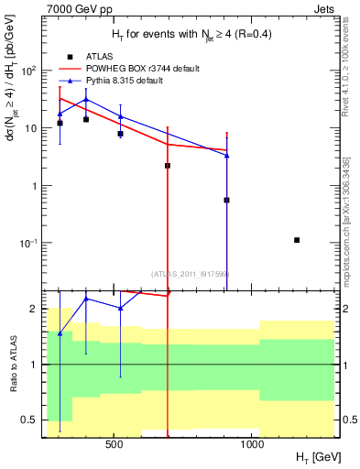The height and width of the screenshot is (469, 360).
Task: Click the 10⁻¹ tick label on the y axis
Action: coord(29,243)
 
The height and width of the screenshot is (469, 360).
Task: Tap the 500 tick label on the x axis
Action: coord(115,445)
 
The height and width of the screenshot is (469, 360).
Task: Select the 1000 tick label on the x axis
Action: coord(253,445)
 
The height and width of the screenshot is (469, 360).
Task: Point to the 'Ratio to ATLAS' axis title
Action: coord(11,365)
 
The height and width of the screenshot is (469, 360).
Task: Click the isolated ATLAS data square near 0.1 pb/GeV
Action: coord(297,240)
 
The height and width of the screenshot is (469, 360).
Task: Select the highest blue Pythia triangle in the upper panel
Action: coord(86,99)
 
